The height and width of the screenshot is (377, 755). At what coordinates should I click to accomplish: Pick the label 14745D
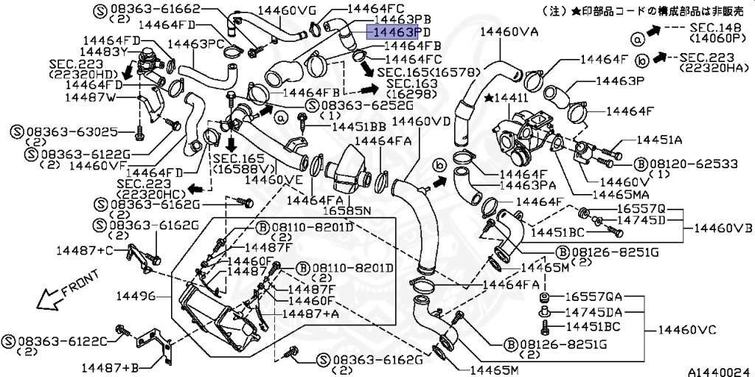[641, 220]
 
